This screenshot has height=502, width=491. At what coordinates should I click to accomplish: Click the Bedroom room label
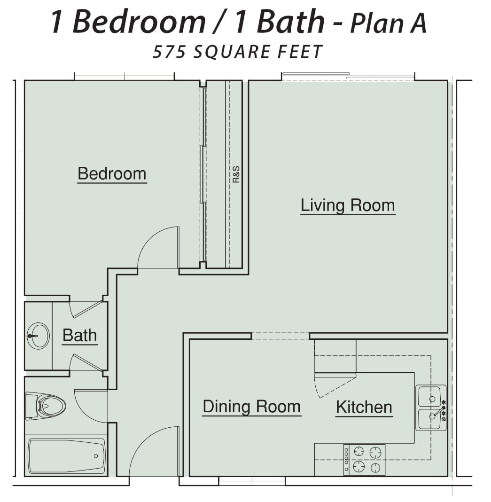112,173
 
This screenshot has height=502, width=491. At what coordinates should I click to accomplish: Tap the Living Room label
348,205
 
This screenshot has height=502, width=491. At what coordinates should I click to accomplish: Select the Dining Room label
252,407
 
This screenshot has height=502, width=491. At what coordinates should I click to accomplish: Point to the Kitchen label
364,407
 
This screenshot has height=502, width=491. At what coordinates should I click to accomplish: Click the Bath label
80,335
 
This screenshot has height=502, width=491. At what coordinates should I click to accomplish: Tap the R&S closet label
236,174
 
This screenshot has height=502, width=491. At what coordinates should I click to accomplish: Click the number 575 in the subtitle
169,52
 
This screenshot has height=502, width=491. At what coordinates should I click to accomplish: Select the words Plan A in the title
389,23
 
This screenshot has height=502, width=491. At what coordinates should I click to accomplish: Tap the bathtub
67,456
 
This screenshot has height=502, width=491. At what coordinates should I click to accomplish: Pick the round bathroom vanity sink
39,336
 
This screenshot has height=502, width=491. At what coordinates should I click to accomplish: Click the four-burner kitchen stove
364,460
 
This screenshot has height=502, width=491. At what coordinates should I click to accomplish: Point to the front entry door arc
146,443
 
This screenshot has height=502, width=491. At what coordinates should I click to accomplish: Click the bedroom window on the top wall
124,77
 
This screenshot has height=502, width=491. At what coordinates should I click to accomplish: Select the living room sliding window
348,76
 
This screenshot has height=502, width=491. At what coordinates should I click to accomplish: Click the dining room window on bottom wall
252,481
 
